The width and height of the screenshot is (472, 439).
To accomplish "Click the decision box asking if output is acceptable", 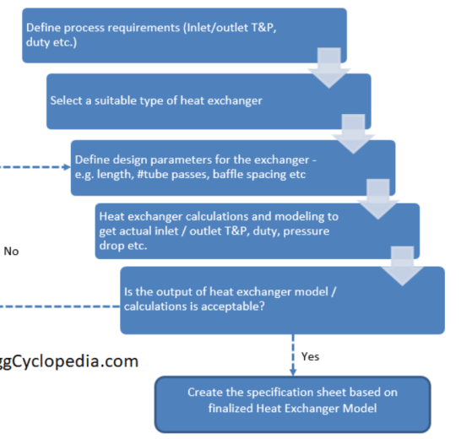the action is [x=282, y=301].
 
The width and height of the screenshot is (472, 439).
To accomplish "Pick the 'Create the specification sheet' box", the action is [x=293, y=404].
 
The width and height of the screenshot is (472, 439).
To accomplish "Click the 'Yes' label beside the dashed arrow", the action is [x=310, y=356].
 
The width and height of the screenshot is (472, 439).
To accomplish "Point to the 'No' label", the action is [x=11, y=252].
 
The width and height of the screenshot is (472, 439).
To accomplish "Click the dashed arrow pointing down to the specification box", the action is [x=293, y=355].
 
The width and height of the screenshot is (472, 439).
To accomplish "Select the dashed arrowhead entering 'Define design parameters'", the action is [x=68, y=167].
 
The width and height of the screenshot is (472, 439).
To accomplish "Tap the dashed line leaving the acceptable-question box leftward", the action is [x=60, y=306].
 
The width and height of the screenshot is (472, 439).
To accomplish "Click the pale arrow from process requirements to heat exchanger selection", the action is [x=329, y=68].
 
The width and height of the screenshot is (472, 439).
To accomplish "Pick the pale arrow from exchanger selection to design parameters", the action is [x=354, y=134].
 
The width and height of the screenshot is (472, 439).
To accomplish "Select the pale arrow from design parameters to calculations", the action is [x=378, y=199].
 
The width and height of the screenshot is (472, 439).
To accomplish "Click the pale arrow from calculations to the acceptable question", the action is [x=403, y=266].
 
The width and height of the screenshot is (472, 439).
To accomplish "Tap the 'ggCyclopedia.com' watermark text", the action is [x=69, y=361].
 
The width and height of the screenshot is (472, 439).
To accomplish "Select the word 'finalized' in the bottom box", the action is [x=231, y=409].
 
